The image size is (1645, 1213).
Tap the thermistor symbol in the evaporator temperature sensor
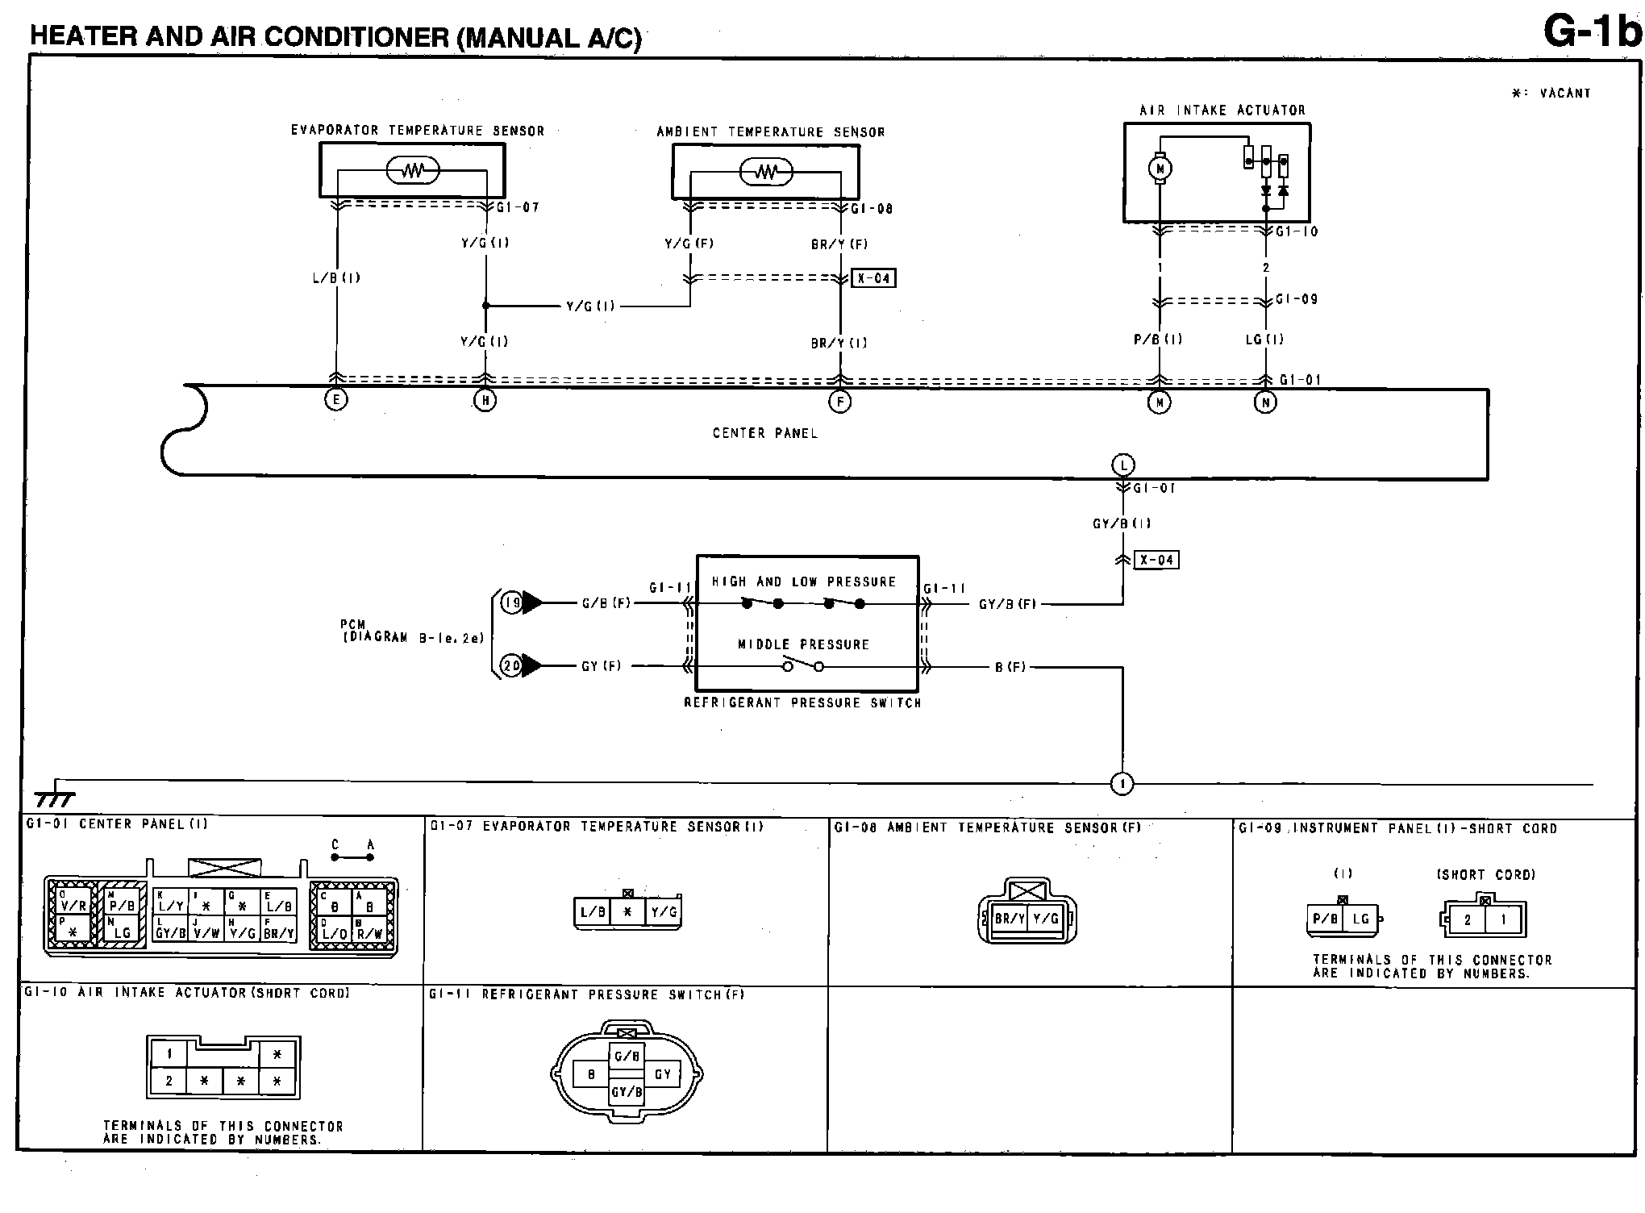click(x=413, y=171)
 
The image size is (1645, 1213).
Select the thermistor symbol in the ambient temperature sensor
click(x=766, y=172)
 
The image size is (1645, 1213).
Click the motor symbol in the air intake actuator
click(x=1161, y=169)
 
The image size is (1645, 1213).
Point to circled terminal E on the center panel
click(x=335, y=399)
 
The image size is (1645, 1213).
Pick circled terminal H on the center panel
click(x=485, y=400)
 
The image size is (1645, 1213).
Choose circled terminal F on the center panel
click(x=840, y=401)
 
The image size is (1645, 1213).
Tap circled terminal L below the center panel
click(x=1123, y=465)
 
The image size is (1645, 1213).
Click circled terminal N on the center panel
click(x=1265, y=402)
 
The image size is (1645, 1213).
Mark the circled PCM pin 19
click(x=512, y=602)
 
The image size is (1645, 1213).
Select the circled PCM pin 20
click(x=512, y=666)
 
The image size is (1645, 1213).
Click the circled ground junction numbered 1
click(x=1122, y=783)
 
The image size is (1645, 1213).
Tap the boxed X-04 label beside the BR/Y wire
click(x=873, y=279)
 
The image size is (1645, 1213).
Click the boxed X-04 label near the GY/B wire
click(x=1156, y=560)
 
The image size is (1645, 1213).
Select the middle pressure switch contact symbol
click(x=802, y=666)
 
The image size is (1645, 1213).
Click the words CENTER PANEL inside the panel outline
click(x=764, y=433)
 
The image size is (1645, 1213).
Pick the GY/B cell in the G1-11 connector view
click(x=627, y=1093)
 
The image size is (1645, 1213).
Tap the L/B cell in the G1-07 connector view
click(x=593, y=912)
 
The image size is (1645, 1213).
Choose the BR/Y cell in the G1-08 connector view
click(x=1010, y=919)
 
